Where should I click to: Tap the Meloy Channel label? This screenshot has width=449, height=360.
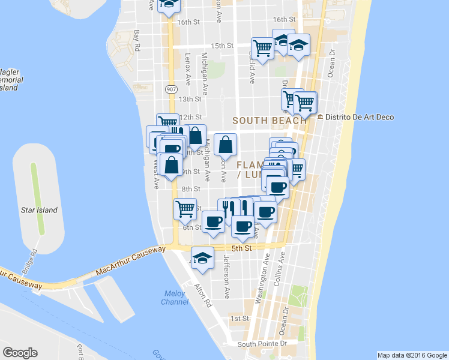175,297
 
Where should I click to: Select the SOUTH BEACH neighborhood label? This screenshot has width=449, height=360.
269,120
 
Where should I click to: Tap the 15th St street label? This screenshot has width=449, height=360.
221,46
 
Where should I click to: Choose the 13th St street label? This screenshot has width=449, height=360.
189,99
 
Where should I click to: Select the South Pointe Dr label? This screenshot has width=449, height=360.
262,344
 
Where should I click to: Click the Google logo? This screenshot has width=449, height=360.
20,353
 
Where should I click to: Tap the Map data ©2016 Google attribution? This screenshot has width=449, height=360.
411,355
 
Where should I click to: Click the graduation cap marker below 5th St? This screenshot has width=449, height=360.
202,258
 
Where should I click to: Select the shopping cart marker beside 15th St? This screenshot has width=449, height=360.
262,47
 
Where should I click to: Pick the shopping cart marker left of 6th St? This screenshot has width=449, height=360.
185,209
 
